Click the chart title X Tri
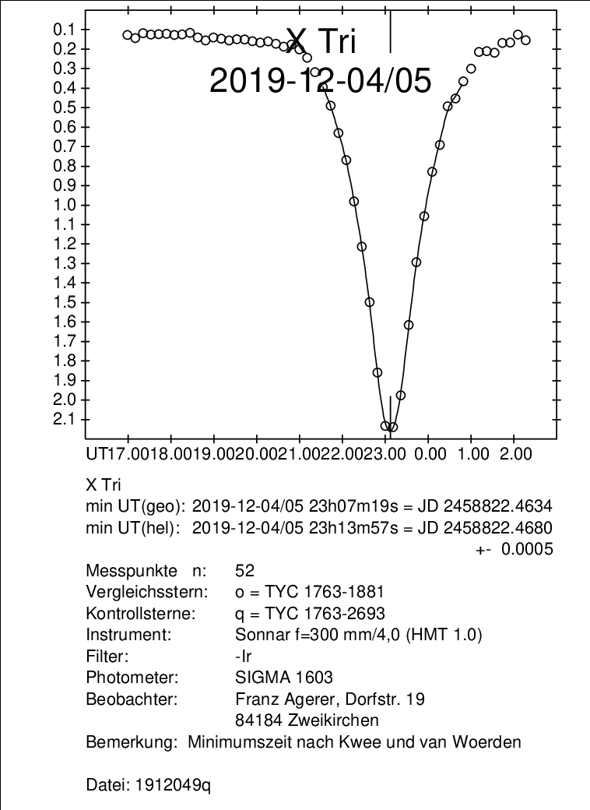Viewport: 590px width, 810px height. coord(321,40)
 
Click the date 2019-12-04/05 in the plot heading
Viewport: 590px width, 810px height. coord(320,81)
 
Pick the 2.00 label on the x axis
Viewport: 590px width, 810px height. coord(514,453)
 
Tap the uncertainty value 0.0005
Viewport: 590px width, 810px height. coord(527,549)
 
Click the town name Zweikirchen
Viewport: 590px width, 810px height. coord(329,719)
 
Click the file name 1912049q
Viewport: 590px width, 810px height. coord(175,786)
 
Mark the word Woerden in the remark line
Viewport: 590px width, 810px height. coord(493,742)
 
